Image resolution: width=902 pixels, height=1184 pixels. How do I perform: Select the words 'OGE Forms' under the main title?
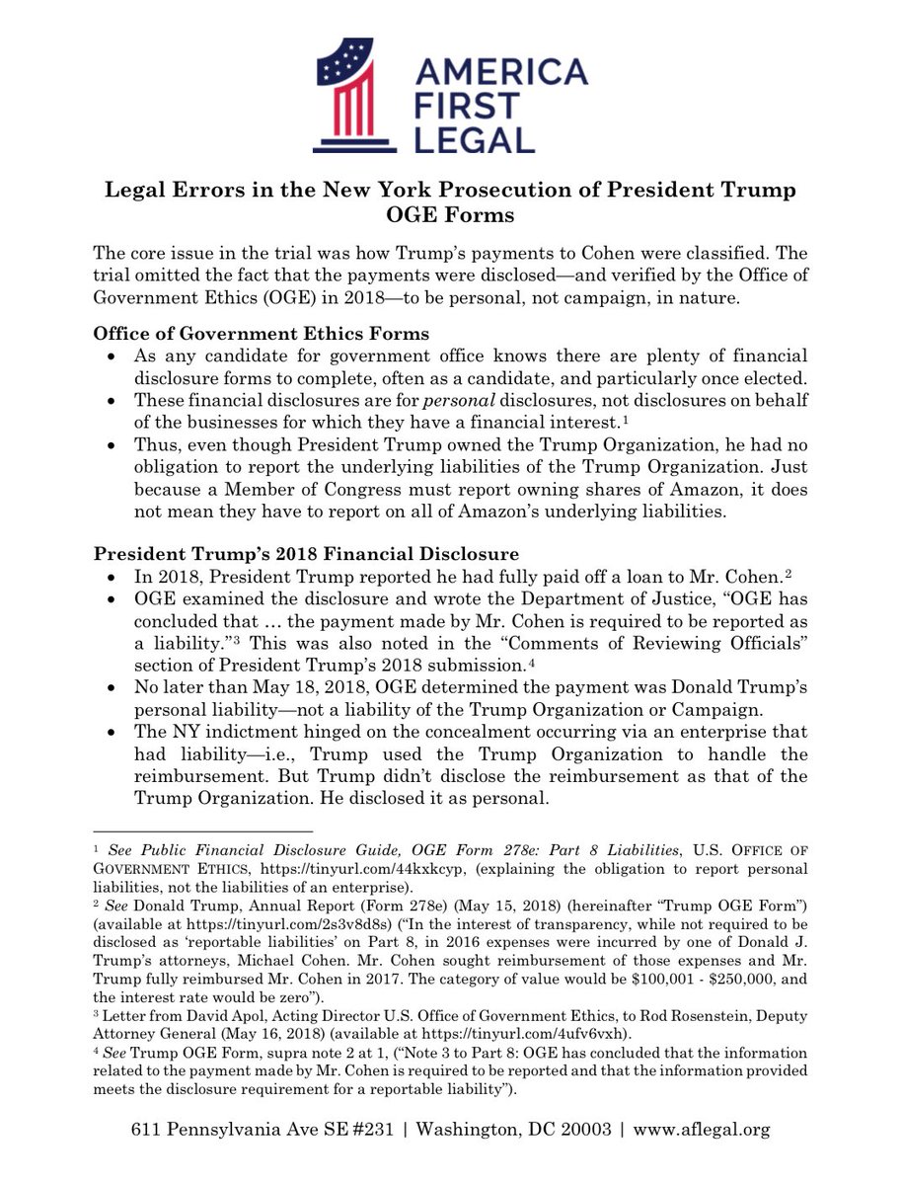click(451, 214)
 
